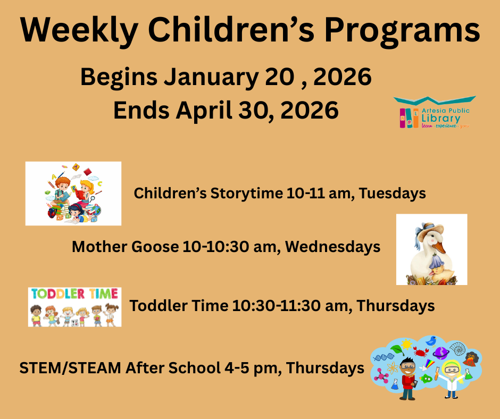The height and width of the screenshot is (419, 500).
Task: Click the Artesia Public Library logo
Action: click(x=434, y=112)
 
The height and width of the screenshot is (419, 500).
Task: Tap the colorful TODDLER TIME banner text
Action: click(x=74, y=294)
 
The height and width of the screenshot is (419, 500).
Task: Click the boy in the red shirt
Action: click(x=408, y=379)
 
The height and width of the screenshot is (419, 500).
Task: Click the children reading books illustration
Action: click(x=73, y=194)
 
